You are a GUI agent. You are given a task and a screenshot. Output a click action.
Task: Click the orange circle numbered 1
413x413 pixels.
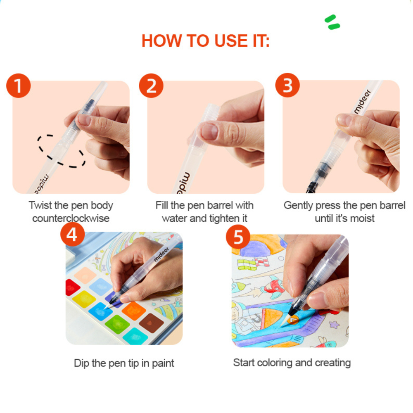point(19,85)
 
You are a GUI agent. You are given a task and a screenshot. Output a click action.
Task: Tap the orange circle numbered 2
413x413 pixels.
point(151,85)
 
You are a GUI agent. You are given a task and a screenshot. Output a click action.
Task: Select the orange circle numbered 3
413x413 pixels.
point(287,85)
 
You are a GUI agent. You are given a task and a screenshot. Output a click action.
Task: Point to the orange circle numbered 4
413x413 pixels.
point(72,234)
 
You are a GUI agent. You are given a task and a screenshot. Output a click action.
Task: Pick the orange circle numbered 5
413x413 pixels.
point(238,237)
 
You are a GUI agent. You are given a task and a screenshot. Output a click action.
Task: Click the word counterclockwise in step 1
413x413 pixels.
point(71,218)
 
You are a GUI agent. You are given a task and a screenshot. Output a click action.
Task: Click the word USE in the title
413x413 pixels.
point(231,41)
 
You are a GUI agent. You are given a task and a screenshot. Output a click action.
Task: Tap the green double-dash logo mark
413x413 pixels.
point(332,22)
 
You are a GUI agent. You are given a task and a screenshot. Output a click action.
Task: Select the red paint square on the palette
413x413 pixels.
point(71,287)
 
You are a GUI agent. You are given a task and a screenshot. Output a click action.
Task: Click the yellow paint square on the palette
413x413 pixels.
point(84,299)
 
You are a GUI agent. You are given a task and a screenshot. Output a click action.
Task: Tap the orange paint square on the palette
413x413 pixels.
point(133,311)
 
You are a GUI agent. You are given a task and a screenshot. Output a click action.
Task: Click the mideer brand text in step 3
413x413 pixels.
point(362,102)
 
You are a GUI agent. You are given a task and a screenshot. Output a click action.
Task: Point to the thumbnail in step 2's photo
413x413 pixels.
point(209,131)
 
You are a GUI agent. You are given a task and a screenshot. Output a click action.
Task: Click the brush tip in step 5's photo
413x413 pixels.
point(286,319)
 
